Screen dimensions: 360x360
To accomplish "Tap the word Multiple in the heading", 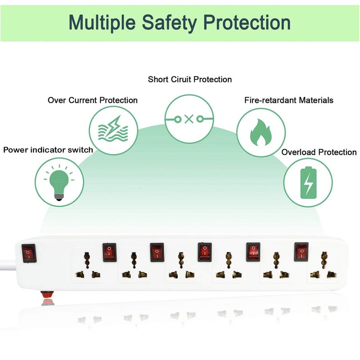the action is click(102, 22).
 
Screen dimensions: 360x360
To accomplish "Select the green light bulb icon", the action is click(59, 183).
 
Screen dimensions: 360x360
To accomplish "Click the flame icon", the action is click(261, 132).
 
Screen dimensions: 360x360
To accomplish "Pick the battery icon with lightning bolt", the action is click(308, 183).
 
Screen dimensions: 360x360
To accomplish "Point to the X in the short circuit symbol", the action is click(189, 119).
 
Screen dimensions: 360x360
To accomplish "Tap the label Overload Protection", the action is click(319, 152).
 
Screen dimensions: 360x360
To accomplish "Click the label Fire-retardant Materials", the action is click(288, 100).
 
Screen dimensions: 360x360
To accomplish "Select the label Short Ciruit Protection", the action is click(189, 79).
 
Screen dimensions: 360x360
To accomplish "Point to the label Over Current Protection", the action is click(93, 100).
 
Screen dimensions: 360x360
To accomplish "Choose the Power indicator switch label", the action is click(48, 150).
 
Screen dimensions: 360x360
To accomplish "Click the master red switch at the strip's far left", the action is click(29, 253).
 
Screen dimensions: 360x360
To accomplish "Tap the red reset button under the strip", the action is click(47, 294).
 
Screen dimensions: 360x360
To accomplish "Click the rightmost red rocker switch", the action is click(301, 252).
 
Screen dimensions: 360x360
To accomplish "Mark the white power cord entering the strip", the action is click(8, 265).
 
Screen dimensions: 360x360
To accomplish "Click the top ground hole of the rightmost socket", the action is click(324, 260).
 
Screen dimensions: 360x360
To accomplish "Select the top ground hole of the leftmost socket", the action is click(87, 260).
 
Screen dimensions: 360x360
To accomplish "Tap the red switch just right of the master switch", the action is click(109, 252).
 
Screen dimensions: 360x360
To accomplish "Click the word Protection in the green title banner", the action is click(247, 22).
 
